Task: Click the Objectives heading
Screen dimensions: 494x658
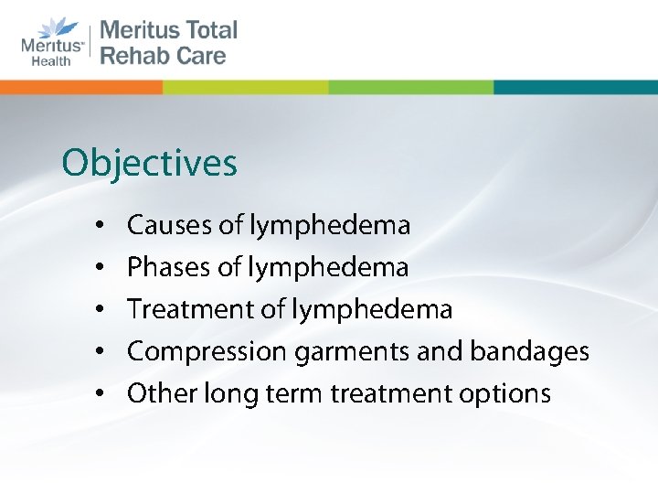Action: (x=149, y=165)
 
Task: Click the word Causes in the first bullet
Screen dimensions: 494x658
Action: (x=159, y=224)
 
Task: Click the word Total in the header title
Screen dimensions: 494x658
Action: (x=207, y=29)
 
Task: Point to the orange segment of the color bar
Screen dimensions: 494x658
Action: (x=81, y=87)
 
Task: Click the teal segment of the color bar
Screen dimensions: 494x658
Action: (x=575, y=87)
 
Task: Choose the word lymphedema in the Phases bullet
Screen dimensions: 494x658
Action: (x=350, y=267)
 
